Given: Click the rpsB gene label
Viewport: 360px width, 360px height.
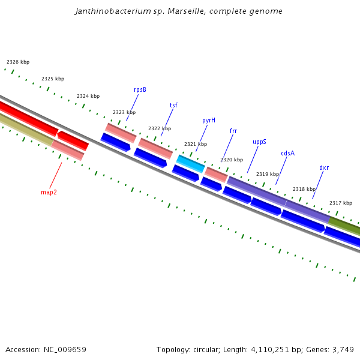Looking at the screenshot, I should point(140,90).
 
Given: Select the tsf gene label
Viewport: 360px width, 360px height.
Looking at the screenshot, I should point(173,105).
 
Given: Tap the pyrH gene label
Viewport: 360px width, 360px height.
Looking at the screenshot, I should point(209,120).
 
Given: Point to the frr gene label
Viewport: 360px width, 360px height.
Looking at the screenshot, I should point(233,131).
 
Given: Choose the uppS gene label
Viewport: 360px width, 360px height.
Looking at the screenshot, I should point(259,142).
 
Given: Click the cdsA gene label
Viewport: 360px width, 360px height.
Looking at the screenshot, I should point(288,153).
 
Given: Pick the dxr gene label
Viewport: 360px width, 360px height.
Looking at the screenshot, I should point(324,167).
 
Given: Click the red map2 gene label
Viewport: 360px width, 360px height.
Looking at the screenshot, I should point(49,193).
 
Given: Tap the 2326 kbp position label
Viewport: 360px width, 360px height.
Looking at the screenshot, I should point(18,62).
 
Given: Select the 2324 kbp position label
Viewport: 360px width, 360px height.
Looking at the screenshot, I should point(88,96).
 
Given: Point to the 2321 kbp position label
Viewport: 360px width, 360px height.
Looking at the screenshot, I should point(196,144).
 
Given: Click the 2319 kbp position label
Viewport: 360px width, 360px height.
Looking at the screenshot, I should point(268,174).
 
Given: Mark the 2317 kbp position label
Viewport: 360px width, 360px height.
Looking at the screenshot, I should point(341,203).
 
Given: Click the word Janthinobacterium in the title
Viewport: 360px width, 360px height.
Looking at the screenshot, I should point(112,11).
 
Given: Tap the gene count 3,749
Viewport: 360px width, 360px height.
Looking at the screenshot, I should point(343,349).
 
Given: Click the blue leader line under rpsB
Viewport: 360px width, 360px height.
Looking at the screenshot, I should point(133,107).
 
